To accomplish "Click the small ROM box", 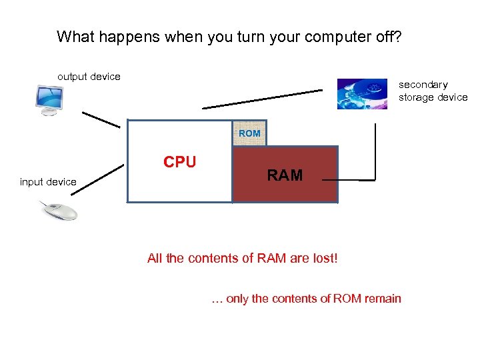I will click(249, 133).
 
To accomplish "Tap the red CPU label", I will click(180, 162).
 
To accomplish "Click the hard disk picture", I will click(362, 93).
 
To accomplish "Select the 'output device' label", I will click(89, 77).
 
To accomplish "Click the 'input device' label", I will click(48, 182).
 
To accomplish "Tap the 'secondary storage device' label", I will click(433, 91).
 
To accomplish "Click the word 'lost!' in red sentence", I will click(323, 259).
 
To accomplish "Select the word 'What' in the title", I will click(75, 36).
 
